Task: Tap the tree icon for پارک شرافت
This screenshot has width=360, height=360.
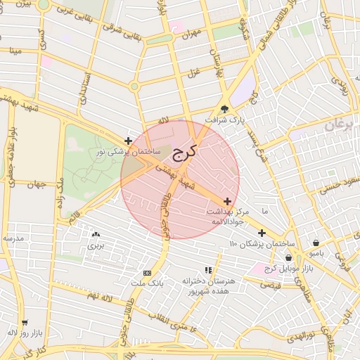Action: [225, 109]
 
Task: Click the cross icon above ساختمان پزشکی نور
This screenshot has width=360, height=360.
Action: [128, 141]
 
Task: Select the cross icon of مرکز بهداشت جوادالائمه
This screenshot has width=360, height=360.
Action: [226, 200]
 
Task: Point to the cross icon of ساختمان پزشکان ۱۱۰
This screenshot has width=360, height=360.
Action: [262, 233]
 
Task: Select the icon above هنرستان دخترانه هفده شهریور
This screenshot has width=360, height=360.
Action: [207, 270]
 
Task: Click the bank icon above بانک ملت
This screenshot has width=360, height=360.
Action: [147, 273]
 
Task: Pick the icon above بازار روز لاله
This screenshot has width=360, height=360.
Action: [25, 322]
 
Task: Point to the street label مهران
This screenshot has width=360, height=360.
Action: [190, 32]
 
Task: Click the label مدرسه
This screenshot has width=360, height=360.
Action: [14, 238]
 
